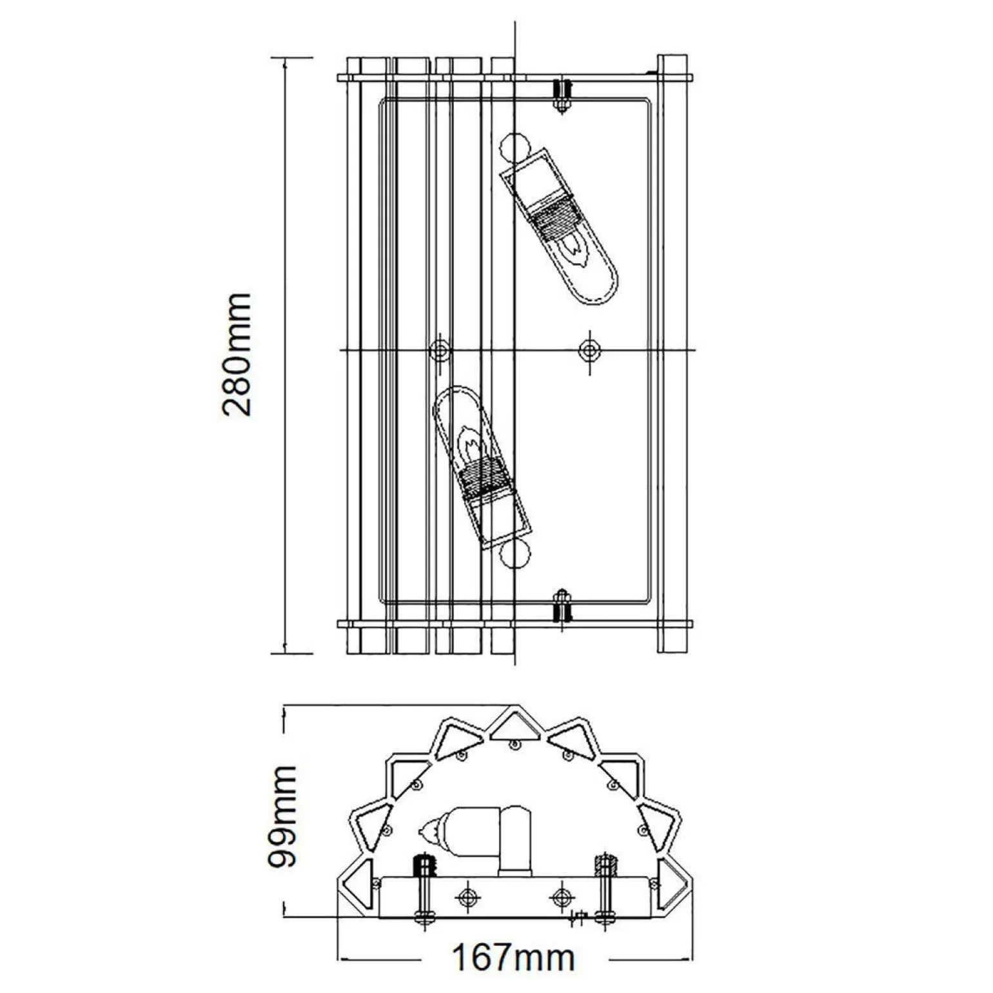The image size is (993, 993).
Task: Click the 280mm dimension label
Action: tap(236, 354)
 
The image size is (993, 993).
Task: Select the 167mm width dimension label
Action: tap(513, 958)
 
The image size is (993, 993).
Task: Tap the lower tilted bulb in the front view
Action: tap(480, 467)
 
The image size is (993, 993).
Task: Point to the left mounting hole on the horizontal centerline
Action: tap(440, 351)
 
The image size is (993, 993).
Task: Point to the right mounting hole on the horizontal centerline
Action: tap(588, 350)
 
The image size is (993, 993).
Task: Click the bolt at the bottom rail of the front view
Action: tap(562, 607)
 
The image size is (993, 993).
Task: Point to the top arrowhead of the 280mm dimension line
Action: tap(284, 63)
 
